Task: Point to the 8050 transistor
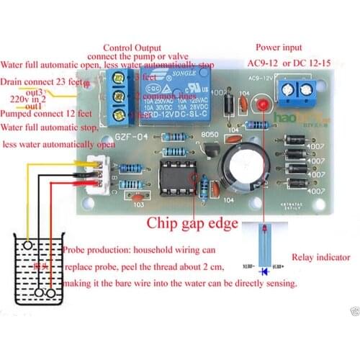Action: (x=211, y=147)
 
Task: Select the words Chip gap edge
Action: (x=192, y=224)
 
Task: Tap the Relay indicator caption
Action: (x=320, y=257)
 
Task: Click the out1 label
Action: (x=33, y=107)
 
